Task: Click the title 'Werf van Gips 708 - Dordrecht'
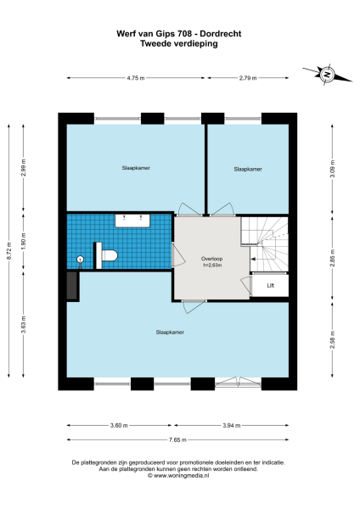tap(178, 35)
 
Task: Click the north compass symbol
tap(327, 75)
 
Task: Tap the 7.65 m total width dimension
tap(180, 439)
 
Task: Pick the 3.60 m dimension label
tap(118, 425)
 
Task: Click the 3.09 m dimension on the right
tap(333, 164)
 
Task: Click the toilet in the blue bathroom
tap(108, 255)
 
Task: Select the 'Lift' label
tap(270, 286)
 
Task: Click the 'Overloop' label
tap(211, 257)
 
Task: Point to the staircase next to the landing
tap(265, 243)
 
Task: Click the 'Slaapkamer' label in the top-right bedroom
tap(247, 170)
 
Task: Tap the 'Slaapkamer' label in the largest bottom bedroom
tap(169, 332)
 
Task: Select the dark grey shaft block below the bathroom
tap(73, 287)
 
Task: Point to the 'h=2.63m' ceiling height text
tap(211, 265)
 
